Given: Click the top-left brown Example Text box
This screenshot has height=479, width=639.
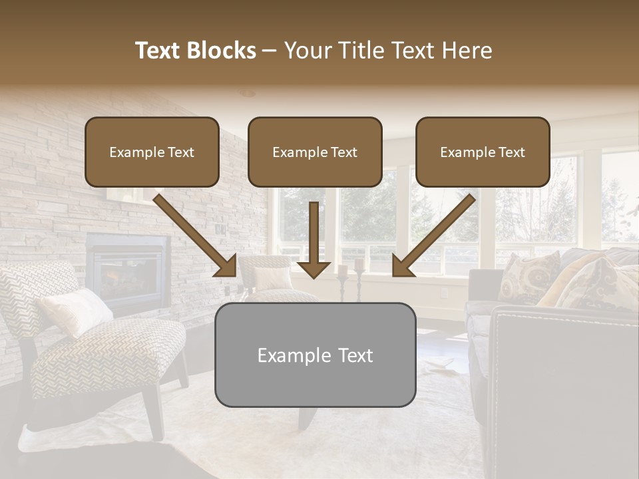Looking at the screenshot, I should pyautogui.click(x=152, y=152).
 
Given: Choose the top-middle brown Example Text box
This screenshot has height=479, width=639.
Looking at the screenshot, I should pyautogui.click(x=315, y=152).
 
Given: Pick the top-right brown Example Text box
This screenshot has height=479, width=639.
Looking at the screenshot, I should pyautogui.click(x=483, y=152).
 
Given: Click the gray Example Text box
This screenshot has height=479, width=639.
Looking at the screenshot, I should pyautogui.click(x=315, y=355).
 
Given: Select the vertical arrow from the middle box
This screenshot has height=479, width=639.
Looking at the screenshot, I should pyautogui.click(x=314, y=239).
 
